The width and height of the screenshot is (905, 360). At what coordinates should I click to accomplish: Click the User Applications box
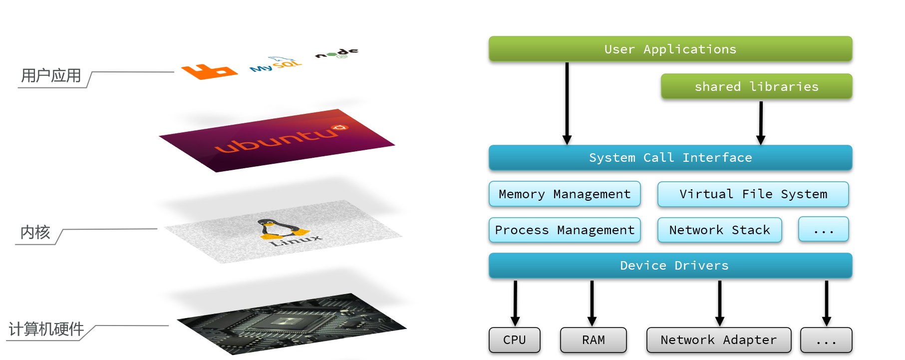coord(670,49)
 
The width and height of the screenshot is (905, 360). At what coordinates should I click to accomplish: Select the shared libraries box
coord(756,86)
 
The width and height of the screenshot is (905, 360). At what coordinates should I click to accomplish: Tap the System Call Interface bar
coord(670,158)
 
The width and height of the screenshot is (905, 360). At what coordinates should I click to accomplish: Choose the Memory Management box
coord(564,194)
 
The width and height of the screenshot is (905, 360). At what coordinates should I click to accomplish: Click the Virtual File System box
coord(753,194)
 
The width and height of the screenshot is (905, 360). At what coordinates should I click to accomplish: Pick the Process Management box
coord(564,230)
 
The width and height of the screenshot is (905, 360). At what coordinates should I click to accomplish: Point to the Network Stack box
coord(719,230)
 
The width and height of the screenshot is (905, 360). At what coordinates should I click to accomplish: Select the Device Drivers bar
coord(670,266)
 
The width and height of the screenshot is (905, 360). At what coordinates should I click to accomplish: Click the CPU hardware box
coord(514,340)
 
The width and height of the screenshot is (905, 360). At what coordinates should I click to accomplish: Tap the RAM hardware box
coord(593,340)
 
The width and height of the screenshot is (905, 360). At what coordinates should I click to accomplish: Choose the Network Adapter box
coord(718,340)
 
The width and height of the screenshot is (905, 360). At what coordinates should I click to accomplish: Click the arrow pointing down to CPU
coord(515,303)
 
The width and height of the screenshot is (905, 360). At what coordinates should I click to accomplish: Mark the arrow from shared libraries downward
coord(761,122)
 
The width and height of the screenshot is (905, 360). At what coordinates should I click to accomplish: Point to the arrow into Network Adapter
coord(719,303)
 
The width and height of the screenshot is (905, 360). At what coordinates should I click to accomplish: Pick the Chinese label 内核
coord(35,232)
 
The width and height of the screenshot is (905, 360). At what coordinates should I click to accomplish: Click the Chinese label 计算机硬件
coord(46,329)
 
